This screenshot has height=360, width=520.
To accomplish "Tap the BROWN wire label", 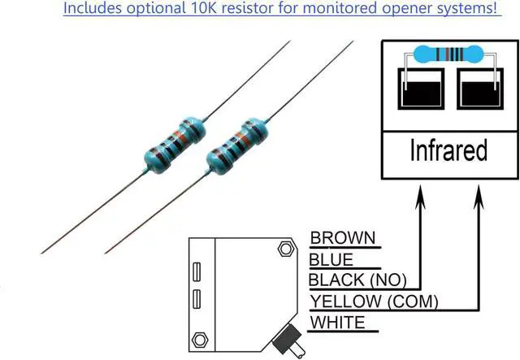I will (344, 238).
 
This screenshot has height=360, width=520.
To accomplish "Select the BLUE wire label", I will (332, 260).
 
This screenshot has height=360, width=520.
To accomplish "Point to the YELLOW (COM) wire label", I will (375, 302).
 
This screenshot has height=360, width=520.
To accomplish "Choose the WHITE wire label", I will (338, 323).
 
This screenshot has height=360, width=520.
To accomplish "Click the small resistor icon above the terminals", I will (448, 55).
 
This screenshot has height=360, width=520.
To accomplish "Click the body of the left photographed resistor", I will (175, 146).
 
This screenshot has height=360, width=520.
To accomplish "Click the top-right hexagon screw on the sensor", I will (284, 249).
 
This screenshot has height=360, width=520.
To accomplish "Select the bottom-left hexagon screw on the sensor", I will (197, 338).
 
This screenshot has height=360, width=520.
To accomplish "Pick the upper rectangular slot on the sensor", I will (197, 271).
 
